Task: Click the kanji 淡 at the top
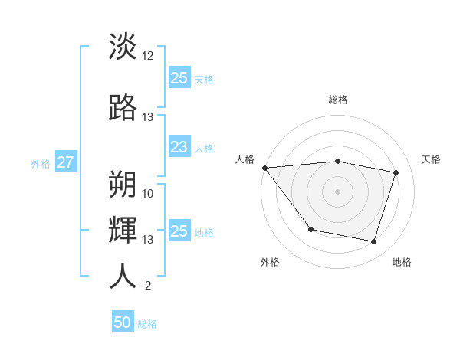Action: point(123,46)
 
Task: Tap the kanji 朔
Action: point(123,183)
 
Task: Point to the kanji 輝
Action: point(123,229)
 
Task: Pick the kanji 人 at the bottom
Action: point(123,276)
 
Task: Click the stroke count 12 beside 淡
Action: point(148,56)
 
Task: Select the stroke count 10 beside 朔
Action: point(148,193)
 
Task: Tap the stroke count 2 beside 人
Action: point(148,286)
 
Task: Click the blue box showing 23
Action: point(179,148)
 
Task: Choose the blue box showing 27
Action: point(65,162)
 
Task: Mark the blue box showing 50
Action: point(123,323)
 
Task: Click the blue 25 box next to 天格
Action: point(179,78)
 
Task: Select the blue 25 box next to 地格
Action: point(179,231)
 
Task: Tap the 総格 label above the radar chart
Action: point(338,100)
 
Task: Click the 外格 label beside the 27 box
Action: point(41,163)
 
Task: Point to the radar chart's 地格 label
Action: point(402,262)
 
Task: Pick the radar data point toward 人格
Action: point(264,168)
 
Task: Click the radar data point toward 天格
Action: point(396,172)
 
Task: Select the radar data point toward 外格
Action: point(310,229)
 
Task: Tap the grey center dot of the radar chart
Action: point(338,191)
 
